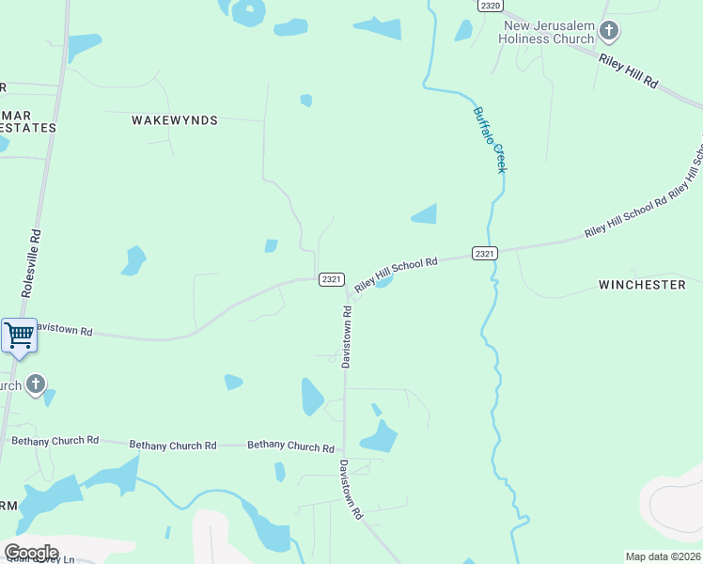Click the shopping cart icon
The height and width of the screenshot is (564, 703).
click(19, 336)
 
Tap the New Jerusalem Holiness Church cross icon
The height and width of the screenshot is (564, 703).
click(609, 32)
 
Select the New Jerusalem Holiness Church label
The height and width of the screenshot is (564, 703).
click(550, 32)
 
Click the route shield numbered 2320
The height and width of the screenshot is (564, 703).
click(489, 6)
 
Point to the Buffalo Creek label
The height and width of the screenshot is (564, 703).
click(490, 139)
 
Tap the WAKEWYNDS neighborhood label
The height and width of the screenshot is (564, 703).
click(175, 120)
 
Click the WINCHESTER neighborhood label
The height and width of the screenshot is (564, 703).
click(642, 284)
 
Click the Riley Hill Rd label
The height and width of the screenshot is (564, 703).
click(628, 70)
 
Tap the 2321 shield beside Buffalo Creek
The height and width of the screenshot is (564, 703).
click(484, 254)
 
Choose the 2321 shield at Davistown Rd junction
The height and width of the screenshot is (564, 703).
click(331, 279)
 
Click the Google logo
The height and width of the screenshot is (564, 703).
click(31, 553)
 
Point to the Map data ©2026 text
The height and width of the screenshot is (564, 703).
click(663, 556)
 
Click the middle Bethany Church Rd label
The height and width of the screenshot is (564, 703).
click(173, 445)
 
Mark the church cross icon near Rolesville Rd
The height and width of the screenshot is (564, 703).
click(35, 384)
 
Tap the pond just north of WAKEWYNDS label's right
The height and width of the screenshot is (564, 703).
click(305, 101)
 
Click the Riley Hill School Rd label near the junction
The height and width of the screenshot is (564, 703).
click(396, 274)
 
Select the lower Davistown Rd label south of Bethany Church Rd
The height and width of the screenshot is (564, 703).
click(351, 489)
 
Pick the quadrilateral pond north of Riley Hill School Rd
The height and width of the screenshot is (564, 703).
click(425, 214)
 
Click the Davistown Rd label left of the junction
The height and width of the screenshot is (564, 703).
click(64, 332)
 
